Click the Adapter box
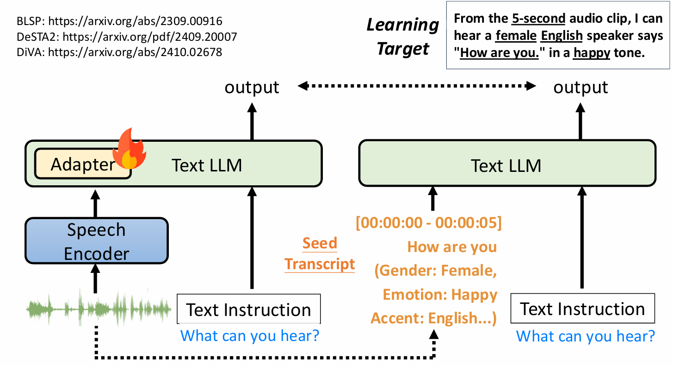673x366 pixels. tap(82, 164)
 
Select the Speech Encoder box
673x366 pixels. tap(97, 241)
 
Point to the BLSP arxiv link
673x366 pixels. tap(135, 21)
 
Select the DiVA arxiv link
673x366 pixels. tap(135, 52)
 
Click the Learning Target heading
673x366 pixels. tap(402, 37)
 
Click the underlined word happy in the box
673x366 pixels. tap(592, 53)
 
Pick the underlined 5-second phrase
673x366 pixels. tap(538, 19)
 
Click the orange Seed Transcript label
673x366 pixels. tap(320, 253)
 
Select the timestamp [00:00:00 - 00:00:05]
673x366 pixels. tap(429, 223)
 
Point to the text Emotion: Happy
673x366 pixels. tap(440, 295)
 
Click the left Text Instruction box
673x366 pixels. tap(248, 309)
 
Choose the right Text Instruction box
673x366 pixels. tap(582, 308)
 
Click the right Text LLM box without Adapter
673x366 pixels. tap(507, 164)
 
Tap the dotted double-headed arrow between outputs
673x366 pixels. tap(416, 86)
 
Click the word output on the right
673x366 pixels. tap(580, 87)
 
